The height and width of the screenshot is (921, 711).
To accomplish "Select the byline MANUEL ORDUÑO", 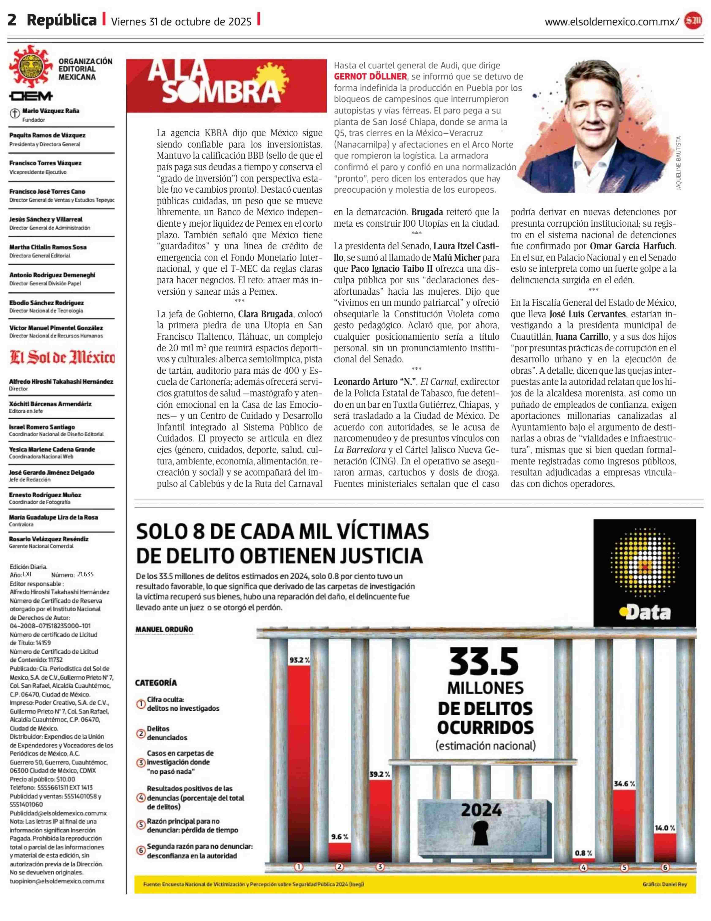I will click(164, 629).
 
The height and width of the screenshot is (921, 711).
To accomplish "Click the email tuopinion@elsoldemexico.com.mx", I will click(57, 881).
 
